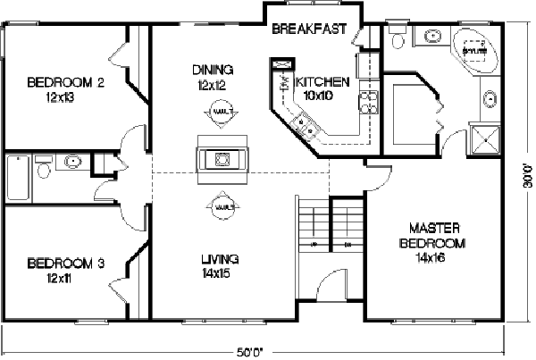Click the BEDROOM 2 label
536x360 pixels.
(66, 83)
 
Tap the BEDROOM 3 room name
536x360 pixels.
(66, 263)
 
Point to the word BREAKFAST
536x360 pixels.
(309, 29)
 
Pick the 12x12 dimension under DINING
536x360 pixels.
(212, 86)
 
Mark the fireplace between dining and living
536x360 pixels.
(220, 159)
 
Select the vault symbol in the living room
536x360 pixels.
(222, 208)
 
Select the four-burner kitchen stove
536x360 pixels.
(365, 99)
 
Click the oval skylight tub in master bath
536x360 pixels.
(473, 51)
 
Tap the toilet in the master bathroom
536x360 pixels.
(398, 40)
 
